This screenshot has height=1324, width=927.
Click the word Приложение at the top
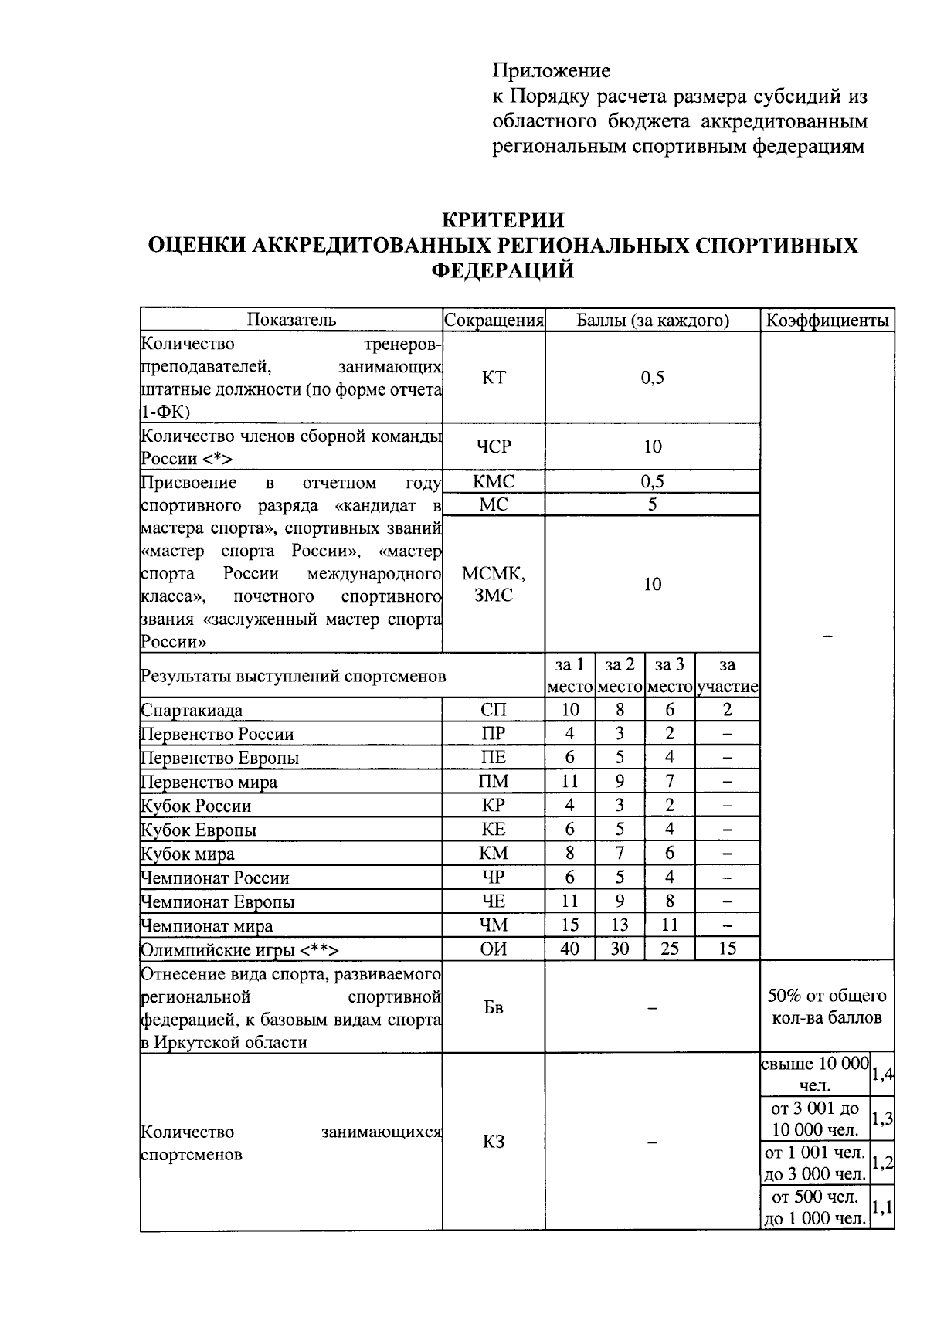[552, 71]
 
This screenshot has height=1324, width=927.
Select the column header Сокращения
[494, 321]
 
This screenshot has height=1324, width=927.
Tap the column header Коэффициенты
[827, 321]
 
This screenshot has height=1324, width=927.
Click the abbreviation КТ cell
[494, 377]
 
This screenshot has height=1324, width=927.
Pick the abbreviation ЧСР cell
[494, 446]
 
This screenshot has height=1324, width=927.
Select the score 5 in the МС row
[653, 505]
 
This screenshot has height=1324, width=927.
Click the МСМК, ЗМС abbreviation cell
[494, 585]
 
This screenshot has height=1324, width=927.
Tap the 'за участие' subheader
[727, 676]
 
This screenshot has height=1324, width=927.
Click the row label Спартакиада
[192, 711]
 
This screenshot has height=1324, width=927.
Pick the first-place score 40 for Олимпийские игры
[570, 949]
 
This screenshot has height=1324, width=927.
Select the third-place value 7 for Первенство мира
[670, 782]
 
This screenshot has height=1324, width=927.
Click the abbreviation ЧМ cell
[494, 925]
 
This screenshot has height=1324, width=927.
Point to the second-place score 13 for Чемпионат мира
[620, 925]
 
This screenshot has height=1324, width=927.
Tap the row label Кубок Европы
[199, 830]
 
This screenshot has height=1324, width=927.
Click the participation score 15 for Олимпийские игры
[727, 949]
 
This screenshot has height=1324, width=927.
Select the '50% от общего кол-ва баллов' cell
[827, 1007]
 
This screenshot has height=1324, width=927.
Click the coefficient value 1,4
[882, 1074]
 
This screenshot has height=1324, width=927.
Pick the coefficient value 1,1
[882, 1207]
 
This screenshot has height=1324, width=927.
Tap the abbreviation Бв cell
[494, 1007]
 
